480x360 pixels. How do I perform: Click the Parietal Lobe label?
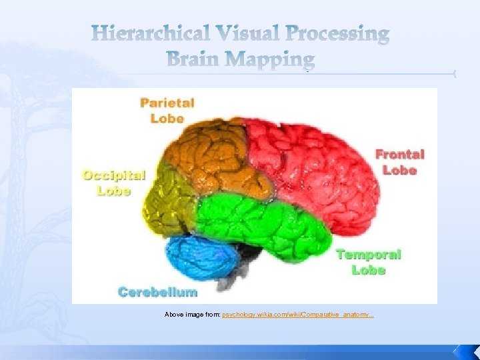click(x=167, y=110)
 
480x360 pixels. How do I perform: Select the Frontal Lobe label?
click(x=400, y=162)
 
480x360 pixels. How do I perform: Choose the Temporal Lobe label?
click(x=369, y=262)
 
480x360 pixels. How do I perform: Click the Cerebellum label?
click(x=157, y=291)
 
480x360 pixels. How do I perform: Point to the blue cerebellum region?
click(x=200, y=257)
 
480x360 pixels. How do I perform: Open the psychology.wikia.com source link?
click(x=298, y=313)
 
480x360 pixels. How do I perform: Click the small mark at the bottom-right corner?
click(x=457, y=349)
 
